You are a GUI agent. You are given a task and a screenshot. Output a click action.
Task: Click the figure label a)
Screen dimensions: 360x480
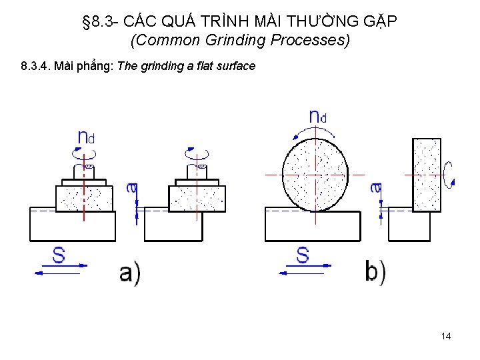pyautogui.click(x=129, y=273)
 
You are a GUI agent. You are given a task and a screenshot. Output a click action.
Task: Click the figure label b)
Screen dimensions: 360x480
pyautogui.click(x=375, y=272)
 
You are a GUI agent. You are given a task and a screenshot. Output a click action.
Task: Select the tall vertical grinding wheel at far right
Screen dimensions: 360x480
pyautogui.click(x=427, y=175)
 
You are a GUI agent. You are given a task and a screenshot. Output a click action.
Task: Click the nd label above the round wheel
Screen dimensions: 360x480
pyautogui.click(x=317, y=117)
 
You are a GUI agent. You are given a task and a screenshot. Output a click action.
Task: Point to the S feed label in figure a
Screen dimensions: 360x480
pyautogui.click(x=59, y=255)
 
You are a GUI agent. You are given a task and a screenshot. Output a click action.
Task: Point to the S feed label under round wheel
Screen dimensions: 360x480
pyautogui.click(x=303, y=255)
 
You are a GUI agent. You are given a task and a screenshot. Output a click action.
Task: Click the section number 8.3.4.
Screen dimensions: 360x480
pyautogui.click(x=35, y=66)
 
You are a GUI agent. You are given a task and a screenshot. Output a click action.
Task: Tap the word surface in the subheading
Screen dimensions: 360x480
pyautogui.click(x=237, y=66)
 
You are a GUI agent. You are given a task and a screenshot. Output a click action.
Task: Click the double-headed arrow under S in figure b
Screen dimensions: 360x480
pyautogui.click(x=304, y=271)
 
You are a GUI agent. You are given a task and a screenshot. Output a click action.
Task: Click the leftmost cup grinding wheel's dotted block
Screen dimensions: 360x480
pyautogui.click(x=83, y=198)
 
